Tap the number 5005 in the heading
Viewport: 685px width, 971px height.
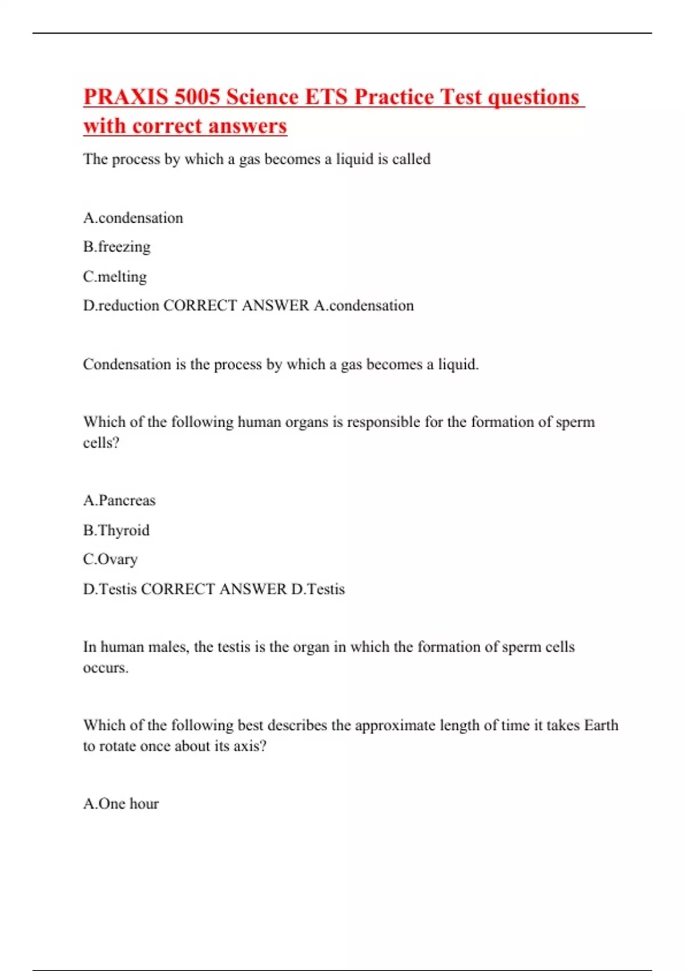[x=197, y=97]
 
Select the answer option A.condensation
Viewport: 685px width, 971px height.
[x=133, y=218]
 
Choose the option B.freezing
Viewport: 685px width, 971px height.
[x=117, y=247]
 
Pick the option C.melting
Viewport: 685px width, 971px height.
[x=115, y=276]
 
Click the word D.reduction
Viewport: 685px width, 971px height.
[x=121, y=306]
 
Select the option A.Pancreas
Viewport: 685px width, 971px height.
[x=119, y=500]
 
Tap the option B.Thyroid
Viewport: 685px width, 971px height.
[x=116, y=530]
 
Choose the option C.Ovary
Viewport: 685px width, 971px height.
[x=110, y=559]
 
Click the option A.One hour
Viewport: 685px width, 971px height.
[x=121, y=804]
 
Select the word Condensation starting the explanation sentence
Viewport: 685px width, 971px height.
[x=127, y=364]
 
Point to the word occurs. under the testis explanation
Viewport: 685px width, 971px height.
[x=106, y=668]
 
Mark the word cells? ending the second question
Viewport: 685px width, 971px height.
[x=101, y=443]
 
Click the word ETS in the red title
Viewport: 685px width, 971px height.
[x=326, y=97]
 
